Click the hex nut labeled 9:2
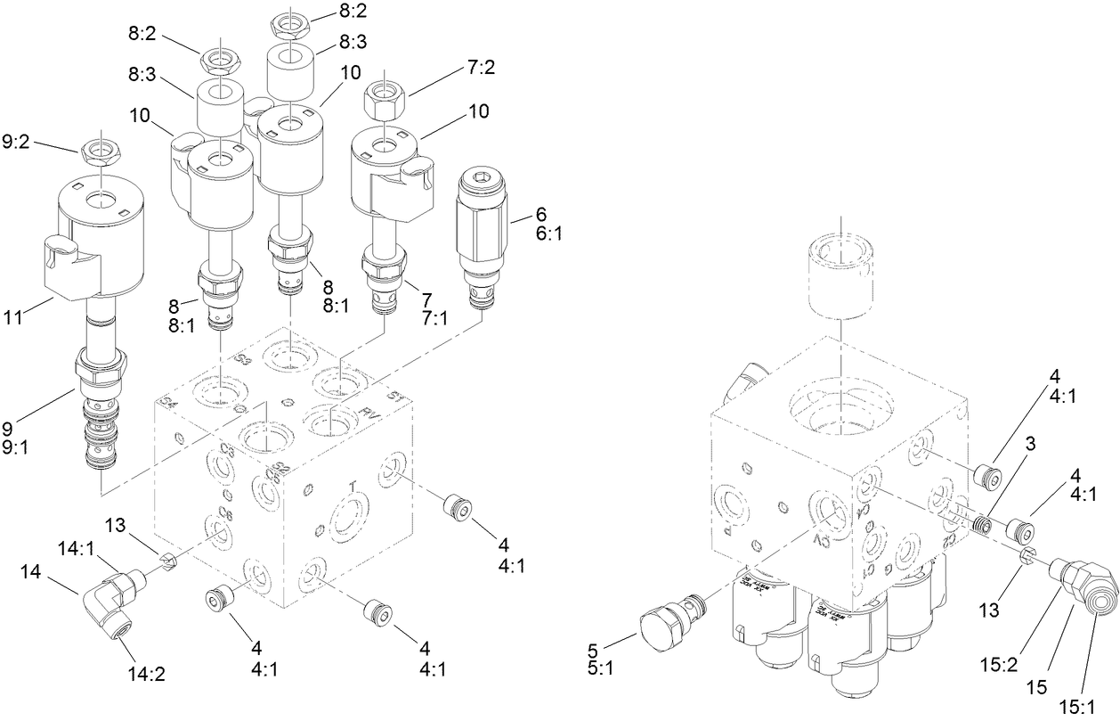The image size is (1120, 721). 100,153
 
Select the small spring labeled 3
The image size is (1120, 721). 982,526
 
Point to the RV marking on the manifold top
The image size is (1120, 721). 366,413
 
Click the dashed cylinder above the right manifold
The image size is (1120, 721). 840,272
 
